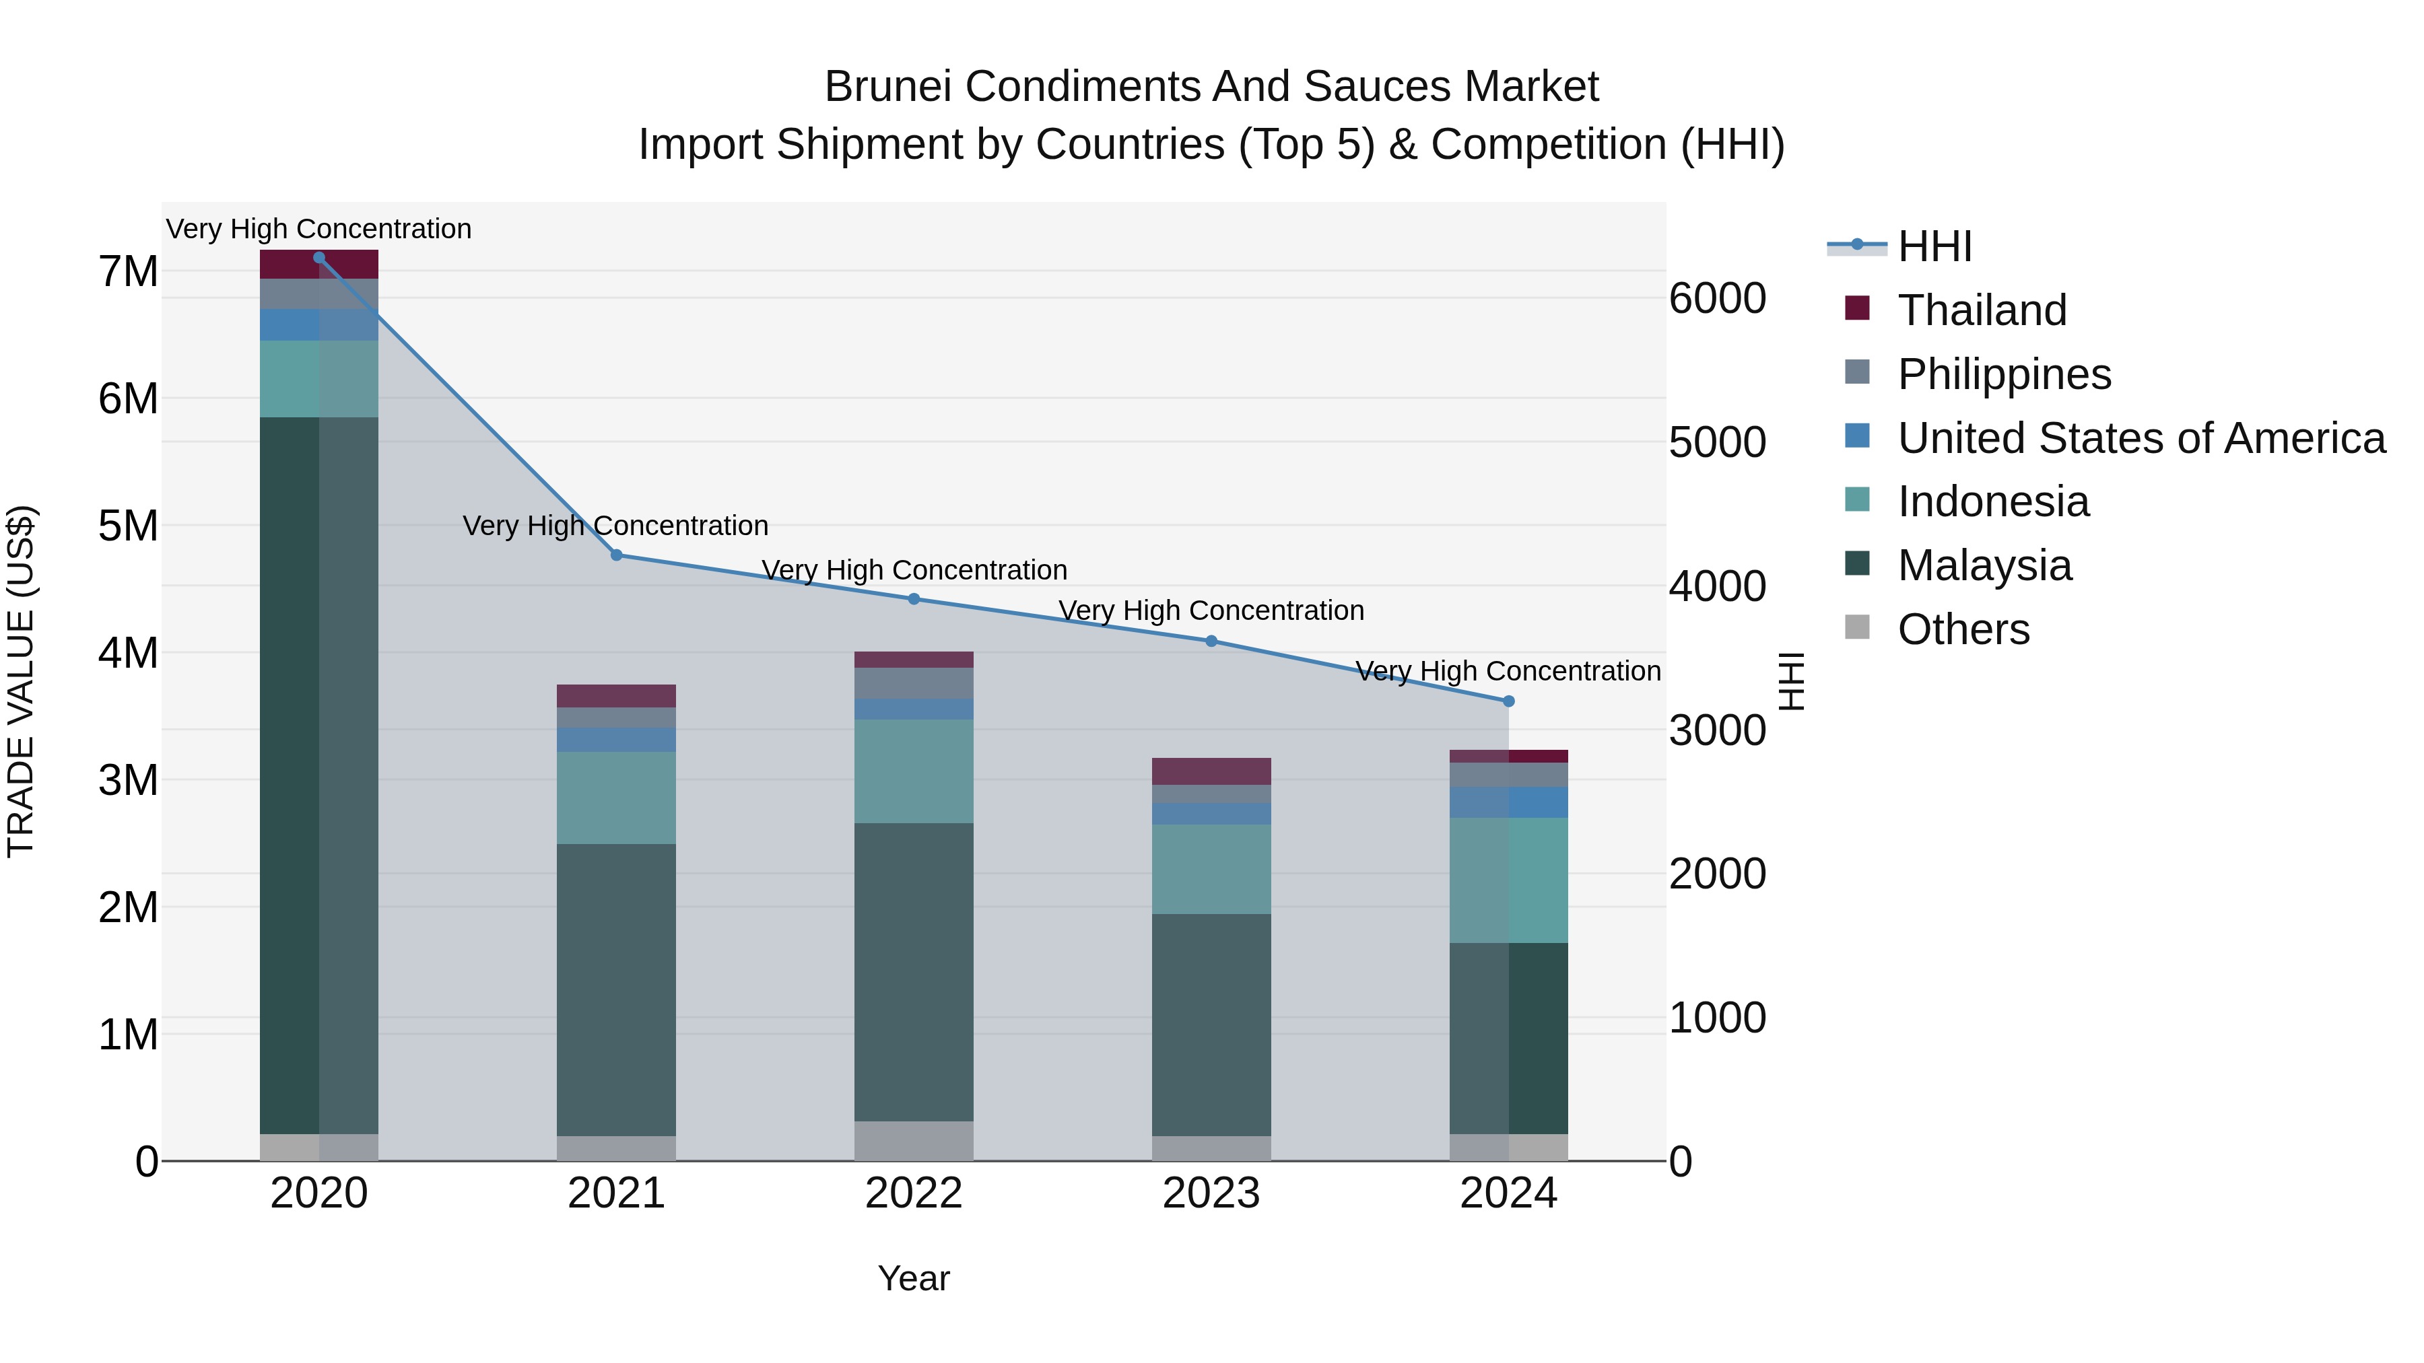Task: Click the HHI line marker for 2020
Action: coord(319,258)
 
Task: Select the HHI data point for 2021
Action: coord(616,555)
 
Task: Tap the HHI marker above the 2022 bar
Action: coord(914,599)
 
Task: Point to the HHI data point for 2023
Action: coord(1211,641)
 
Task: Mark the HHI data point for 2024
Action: coord(1508,701)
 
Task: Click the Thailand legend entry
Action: coord(1982,310)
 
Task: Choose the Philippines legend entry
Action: coord(2003,374)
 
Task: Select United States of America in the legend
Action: coord(2141,438)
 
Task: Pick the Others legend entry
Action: coord(1963,629)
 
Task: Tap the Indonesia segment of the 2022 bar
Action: coord(914,771)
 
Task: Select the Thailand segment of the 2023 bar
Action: coord(1211,771)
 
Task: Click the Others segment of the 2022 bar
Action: coord(914,1141)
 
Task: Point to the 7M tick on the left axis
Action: coord(128,272)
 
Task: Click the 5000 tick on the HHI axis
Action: coord(1717,442)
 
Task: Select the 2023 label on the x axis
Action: coord(1211,1193)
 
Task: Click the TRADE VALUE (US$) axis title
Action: coord(21,681)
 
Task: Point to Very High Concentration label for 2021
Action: coord(615,526)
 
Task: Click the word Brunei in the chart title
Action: coord(888,87)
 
